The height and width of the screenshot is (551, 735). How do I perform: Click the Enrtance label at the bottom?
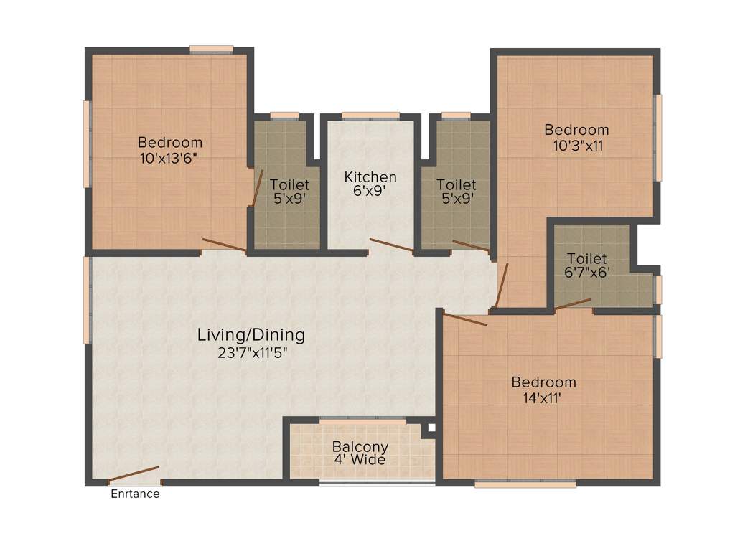pyautogui.click(x=135, y=494)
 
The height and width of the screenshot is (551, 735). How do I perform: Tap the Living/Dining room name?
pyautogui.click(x=251, y=334)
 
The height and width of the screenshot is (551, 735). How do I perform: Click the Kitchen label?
pyautogui.click(x=370, y=176)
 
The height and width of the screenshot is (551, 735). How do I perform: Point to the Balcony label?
pyautogui.click(x=360, y=446)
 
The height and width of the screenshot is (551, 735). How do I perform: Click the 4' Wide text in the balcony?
pyautogui.click(x=360, y=460)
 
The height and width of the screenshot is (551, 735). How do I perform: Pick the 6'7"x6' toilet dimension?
pyautogui.click(x=586, y=273)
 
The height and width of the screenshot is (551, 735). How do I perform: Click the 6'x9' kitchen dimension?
pyautogui.click(x=370, y=192)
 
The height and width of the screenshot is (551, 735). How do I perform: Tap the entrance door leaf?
pyautogui.click(x=134, y=475)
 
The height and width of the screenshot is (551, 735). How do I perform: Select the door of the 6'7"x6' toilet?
pyautogui.click(x=573, y=304)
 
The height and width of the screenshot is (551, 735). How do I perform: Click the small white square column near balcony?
pyautogui.click(x=431, y=428)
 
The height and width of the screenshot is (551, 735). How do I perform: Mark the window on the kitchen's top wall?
pyautogui.click(x=370, y=115)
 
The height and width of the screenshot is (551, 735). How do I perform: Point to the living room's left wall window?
pyautogui.click(x=88, y=300)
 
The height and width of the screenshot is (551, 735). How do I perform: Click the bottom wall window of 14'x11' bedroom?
pyautogui.click(x=525, y=484)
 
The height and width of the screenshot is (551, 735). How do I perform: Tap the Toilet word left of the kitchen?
pyautogui.click(x=289, y=185)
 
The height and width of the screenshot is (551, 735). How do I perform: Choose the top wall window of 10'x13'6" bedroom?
pyautogui.click(x=212, y=49)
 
